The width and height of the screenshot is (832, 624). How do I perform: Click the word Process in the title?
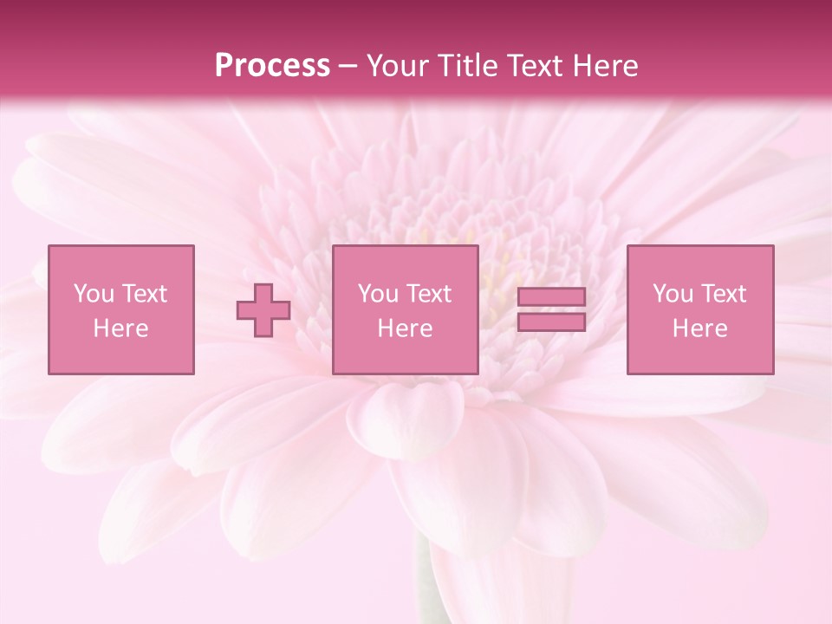tap(272, 66)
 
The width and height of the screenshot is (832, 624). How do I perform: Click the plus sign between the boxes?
tap(263, 310)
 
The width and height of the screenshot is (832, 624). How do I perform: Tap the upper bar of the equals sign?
tap(551, 297)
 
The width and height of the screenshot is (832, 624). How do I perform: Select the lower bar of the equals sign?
tap(551, 322)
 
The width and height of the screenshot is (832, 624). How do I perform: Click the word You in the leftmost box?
tap(93, 294)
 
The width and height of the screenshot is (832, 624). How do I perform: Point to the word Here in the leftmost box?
tap(120, 328)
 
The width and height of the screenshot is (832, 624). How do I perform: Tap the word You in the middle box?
tap(377, 294)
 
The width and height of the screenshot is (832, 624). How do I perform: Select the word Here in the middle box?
tap(405, 328)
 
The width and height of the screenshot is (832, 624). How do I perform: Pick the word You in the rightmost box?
tap(672, 294)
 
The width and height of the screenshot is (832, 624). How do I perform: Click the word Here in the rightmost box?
tap(699, 328)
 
